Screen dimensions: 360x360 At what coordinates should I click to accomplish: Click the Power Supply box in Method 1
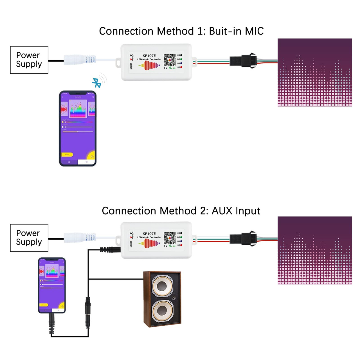(x=29, y=60)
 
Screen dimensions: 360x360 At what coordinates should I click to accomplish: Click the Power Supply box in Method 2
(x=29, y=238)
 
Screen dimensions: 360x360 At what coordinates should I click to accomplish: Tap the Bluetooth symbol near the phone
(x=97, y=83)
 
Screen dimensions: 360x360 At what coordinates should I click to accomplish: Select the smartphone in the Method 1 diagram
(x=78, y=128)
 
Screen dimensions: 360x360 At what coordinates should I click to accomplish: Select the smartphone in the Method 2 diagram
(x=51, y=285)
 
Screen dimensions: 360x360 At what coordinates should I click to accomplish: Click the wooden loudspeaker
(x=162, y=299)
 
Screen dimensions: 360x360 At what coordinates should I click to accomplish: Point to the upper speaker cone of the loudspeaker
(x=163, y=286)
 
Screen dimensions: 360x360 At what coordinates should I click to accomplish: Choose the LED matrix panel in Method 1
(x=315, y=73)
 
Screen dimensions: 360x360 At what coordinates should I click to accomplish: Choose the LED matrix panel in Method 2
(x=315, y=250)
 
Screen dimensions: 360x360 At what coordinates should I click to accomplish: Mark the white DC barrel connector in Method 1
(x=79, y=60)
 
